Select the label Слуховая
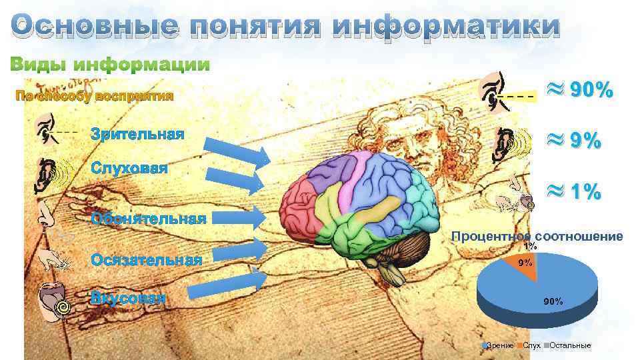129,166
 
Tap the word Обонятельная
149,217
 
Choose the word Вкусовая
128,297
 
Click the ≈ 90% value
579,91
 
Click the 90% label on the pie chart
553,301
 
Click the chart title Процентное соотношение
537,236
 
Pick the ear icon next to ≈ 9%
505,143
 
